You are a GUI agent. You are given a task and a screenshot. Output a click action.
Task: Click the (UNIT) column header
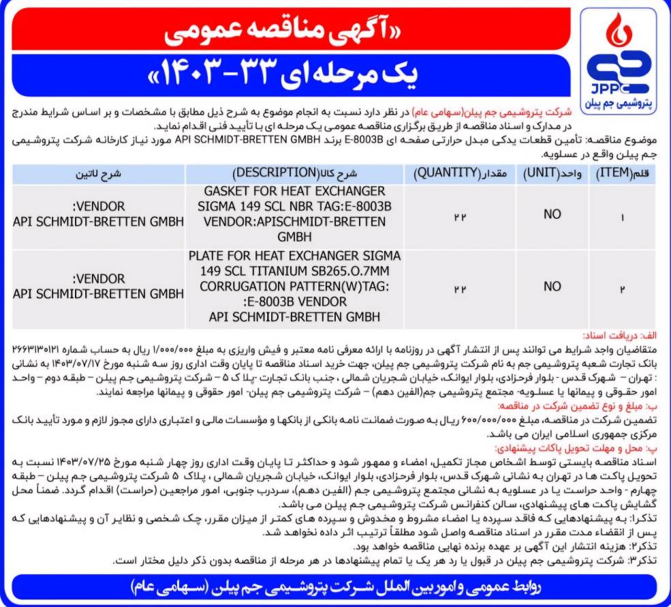[x=552, y=174]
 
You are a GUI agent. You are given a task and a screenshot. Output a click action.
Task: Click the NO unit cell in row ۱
[x=552, y=214]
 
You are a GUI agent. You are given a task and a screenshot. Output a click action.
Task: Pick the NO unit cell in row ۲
[x=552, y=287]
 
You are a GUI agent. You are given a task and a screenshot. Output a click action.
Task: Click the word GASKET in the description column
[x=229, y=191]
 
